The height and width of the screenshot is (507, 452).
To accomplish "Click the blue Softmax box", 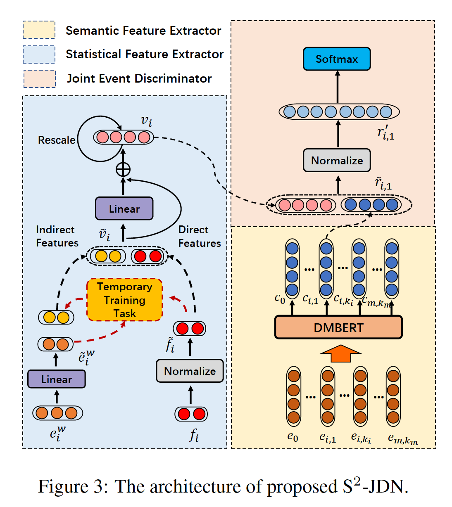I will pyautogui.click(x=336, y=59).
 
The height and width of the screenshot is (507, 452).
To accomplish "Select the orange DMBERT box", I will pyautogui.click(x=338, y=327).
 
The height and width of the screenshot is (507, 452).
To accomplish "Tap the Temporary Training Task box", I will pyautogui.click(x=124, y=300).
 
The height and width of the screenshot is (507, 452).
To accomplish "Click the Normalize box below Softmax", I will pyautogui.click(x=337, y=160).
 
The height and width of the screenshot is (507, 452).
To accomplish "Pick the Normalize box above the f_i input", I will pyautogui.click(x=190, y=371).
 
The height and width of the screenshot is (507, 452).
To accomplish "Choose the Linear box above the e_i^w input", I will pyautogui.click(x=57, y=379).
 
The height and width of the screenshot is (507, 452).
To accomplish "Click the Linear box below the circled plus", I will pyautogui.click(x=124, y=208).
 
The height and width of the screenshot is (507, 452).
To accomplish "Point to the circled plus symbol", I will pyautogui.click(x=123, y=169).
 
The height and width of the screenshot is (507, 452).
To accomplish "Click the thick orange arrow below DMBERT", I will pyautogui.click(x=340, y=354).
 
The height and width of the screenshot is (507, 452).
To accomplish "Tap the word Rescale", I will pyautogui.click(x=57, y=140).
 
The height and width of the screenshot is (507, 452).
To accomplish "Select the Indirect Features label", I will pyautogui.click(x=57, y=236).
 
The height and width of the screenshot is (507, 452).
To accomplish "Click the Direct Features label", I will pyautogui.click(x=199, y=236).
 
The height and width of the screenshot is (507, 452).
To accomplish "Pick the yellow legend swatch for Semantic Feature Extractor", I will pyautogui.click(x=39, y=30).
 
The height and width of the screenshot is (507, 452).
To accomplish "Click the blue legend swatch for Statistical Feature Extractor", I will pyautogui.click(x=39, y=54).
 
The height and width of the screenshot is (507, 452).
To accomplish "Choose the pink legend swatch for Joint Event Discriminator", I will pyautogui.click(x=39, y=78).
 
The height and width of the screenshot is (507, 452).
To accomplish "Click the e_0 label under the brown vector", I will pyautogui.click(x=293, y=437).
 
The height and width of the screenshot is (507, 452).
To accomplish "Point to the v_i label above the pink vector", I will pyautogui.click(x=146, y=121).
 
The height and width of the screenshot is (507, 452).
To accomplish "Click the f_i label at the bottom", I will pyautogui.click(x=194, y=435).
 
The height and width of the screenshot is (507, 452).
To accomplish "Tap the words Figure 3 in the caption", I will pyautogui.click(x=73, y=487).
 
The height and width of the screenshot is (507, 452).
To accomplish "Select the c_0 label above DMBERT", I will pyautogui.click(x=280, y=298).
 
